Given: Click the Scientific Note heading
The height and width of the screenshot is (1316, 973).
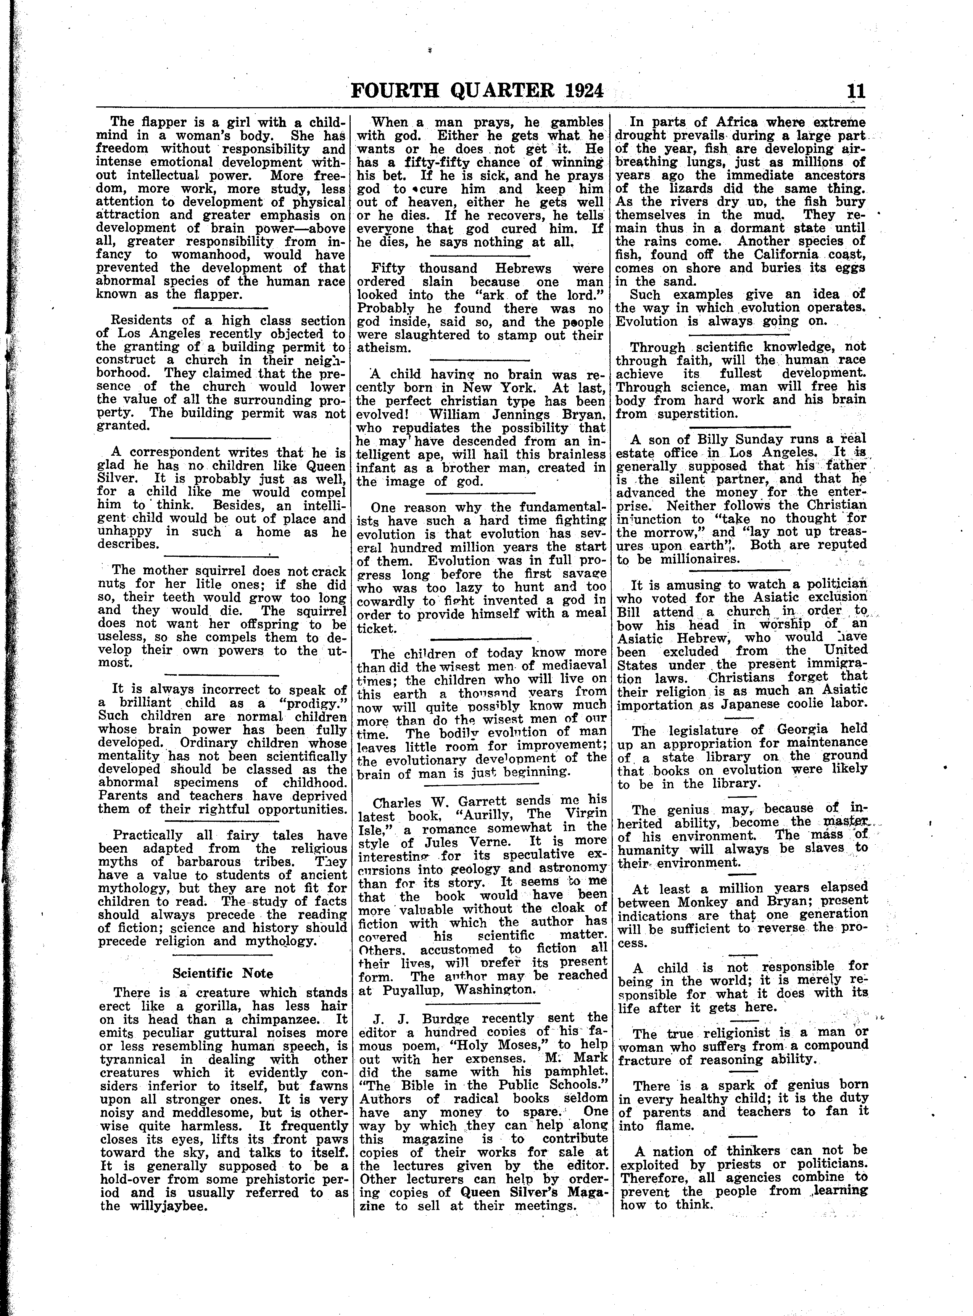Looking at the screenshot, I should [x=222, y=973].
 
